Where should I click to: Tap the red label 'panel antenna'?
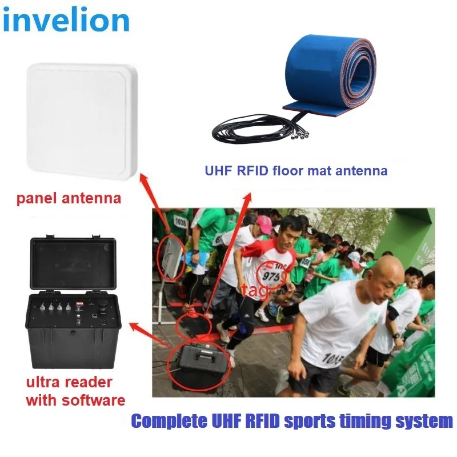tap(70, 199)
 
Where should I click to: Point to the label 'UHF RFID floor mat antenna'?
tap(296, 170)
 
